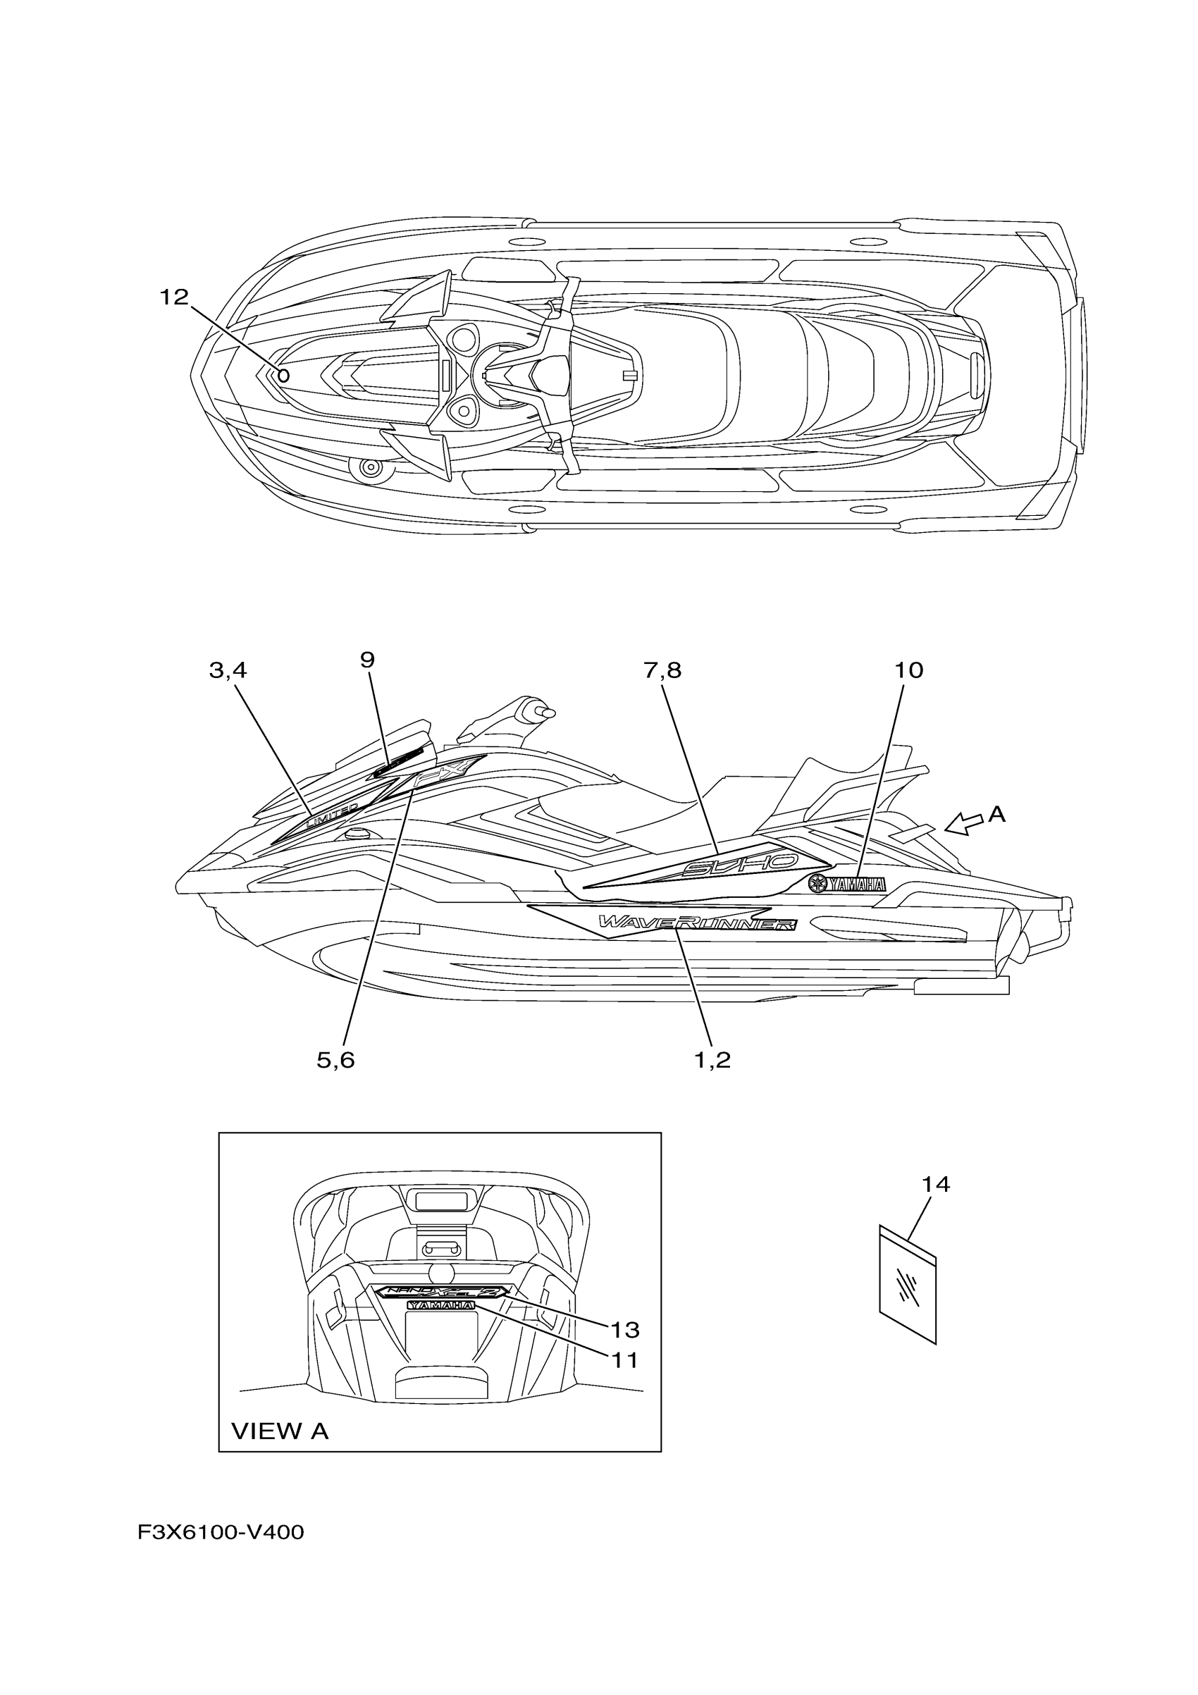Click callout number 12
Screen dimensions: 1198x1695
[174, 297]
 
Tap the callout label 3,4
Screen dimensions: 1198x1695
[228, 670]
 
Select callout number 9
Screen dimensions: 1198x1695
[368, 659]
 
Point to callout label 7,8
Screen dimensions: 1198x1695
[662, 670]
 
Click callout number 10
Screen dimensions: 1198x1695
[908, 670]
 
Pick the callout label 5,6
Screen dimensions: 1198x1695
[336, 1060]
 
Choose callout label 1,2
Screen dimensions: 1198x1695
[712, 1060]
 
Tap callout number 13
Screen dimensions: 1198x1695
[624, 1331]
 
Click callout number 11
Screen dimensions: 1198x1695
[624, 1359]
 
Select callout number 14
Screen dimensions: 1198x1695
[935, 1184]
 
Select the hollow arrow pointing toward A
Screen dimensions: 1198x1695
[963, 822]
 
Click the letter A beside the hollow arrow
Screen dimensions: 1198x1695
[996, 813]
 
